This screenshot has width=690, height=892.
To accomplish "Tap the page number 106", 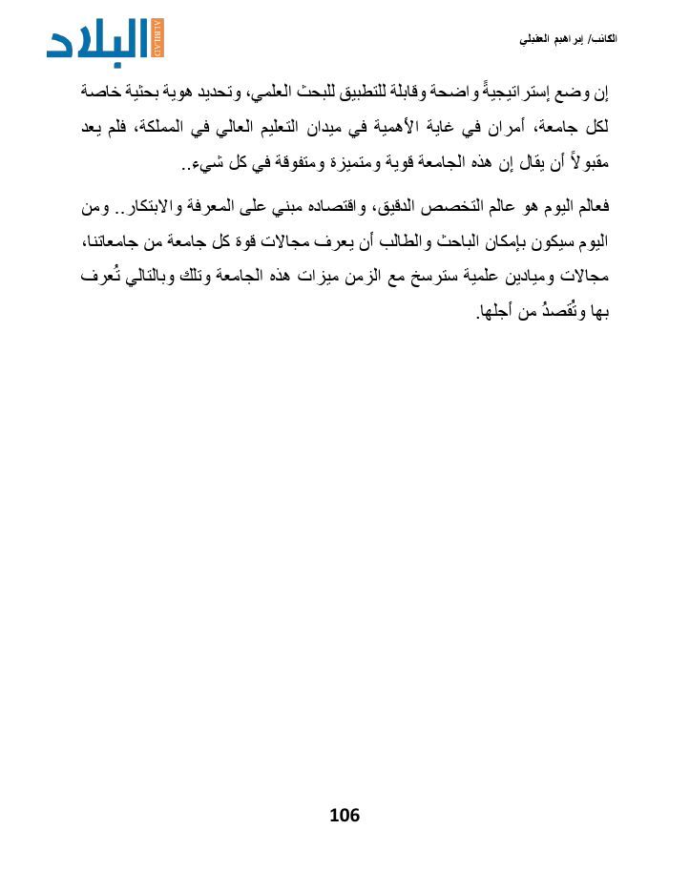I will point(344,815).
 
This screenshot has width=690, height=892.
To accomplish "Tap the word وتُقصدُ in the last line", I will point(551,312).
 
